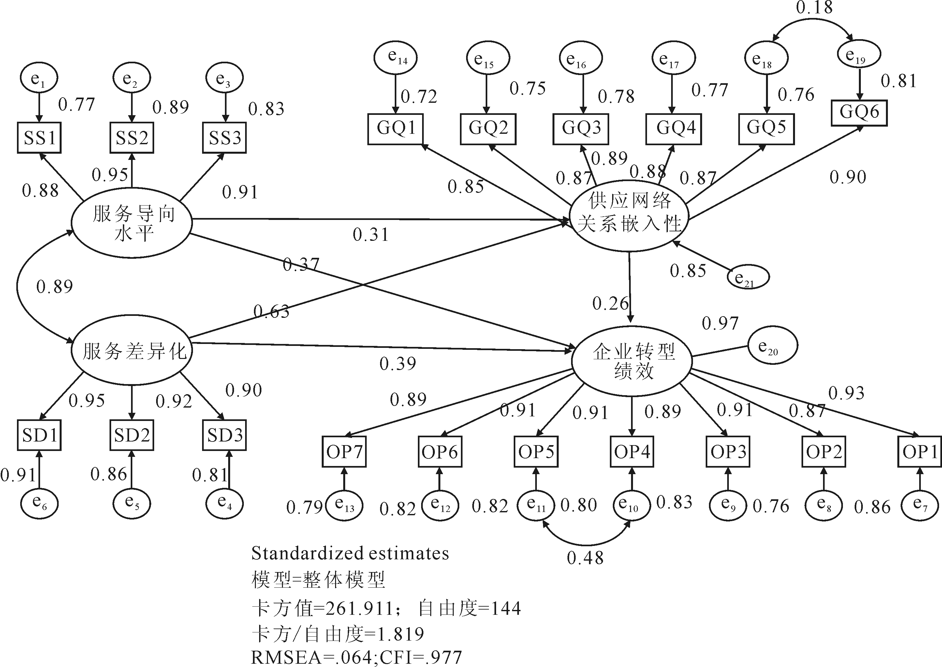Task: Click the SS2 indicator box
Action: coord(132,138)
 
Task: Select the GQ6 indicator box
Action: coord(859,113)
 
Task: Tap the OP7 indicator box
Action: coord(344,452)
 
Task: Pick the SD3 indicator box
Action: coord(225,435)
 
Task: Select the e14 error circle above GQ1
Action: coord(395,57)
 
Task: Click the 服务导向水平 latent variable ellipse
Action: coord(132,223)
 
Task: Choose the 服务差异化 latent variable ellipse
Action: coord(132,351)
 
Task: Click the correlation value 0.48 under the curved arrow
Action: coord(585,558)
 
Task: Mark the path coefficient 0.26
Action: coord(610,303)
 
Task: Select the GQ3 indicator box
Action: coord(581,128)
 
